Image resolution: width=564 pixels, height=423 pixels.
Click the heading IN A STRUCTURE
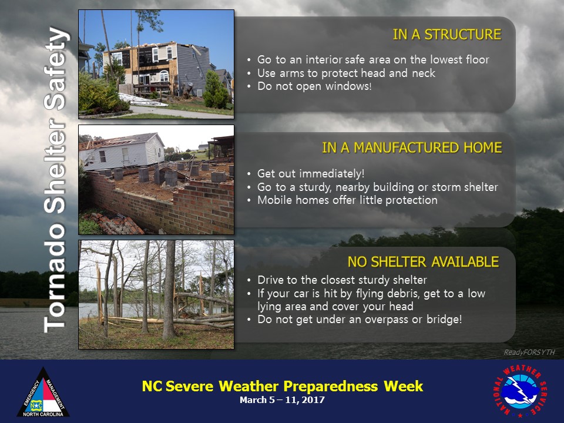click(x=446, y=35)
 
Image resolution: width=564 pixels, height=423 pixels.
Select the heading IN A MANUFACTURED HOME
click(x=412, y=148)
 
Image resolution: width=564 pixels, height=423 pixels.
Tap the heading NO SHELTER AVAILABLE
click(x=423, y=262)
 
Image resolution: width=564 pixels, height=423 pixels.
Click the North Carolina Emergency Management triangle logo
click(x=43, y=392)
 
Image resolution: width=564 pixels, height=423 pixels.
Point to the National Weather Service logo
click(x=520, y=390)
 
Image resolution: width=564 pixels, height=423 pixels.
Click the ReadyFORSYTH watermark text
click(x=529, y=352)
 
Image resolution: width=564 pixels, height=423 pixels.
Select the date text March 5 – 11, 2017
click(x=283, y=400)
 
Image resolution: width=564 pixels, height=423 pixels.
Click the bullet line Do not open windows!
click(x=314, y=86)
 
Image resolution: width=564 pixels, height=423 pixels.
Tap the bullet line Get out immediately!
click(x=311, y=174)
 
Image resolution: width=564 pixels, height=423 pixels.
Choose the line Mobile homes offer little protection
click(x=347, y=200)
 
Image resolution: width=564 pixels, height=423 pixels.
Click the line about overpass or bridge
click(x=360, y=320)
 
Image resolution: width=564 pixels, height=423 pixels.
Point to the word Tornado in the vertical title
click(x=55, y=279)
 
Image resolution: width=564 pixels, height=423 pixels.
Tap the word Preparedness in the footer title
click(x=331, y=387)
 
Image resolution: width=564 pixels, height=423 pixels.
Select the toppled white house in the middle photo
click(x=122, y=151)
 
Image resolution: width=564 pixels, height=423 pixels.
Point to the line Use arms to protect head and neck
click(x=346, y=73)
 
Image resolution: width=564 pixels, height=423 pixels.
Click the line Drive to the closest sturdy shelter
click(x=342, y=280)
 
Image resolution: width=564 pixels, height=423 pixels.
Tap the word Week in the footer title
click(x=403, y=386)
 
